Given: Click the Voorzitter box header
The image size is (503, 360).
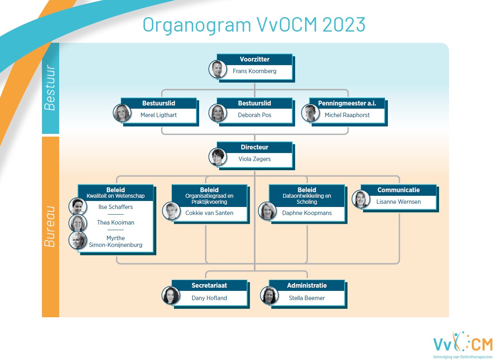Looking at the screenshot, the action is click(x=254, y=59).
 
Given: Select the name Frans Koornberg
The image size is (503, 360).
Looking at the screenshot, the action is click(x=254, y=71).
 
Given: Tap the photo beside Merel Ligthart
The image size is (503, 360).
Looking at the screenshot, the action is click(x=122, y=113).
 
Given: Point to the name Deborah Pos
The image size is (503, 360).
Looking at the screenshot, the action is click(x=254, y=115).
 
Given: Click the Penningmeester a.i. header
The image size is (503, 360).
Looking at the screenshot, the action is click(x=347, y=103).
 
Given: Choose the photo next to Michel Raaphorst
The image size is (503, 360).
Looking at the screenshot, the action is click(x=310, y=113).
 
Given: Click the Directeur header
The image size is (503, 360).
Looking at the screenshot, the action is click(x=254, y=147).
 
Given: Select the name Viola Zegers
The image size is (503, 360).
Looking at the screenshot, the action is click(x=254, y=159).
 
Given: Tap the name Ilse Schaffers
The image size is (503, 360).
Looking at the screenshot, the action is click(x=116, y=207).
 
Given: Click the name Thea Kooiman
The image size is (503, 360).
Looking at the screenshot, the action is click(x=116, y=223).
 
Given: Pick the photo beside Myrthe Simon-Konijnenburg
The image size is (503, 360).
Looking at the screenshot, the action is click(x=78, y=240).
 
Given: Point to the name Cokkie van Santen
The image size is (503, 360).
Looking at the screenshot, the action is click(x=209, y=213).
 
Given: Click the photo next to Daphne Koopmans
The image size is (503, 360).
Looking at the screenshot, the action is click(x=267, y=211).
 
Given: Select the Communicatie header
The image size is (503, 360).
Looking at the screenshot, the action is click(x=399, y=190).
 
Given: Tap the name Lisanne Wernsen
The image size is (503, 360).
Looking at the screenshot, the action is click(x=399, y=202).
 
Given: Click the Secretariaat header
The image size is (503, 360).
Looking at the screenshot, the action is click(x=209, y=286).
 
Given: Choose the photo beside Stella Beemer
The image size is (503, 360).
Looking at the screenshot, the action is click(x=269, y=295).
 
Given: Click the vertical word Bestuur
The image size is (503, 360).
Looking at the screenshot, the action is click(x=50, y=88).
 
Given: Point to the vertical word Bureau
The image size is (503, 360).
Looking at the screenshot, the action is click(x=50, y=227).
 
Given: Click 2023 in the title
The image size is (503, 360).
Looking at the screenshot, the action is click(x=344, y=24).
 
